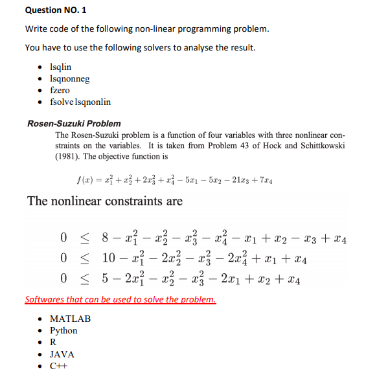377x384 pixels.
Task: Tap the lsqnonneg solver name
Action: click(69, 78)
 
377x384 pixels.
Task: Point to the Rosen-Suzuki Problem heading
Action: click(74, 123)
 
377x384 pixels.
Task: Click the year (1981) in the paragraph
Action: click(69, 156)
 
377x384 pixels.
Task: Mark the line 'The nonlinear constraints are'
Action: click(105, 201)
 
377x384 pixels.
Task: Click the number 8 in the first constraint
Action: click(104, 240)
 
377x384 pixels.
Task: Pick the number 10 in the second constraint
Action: click(109, 260)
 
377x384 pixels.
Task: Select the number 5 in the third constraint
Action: click(104, 280)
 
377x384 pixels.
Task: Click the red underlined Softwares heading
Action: click(120, 300)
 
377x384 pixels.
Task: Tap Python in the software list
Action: click(63, 330)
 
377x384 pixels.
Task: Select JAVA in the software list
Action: click(62, 354)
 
